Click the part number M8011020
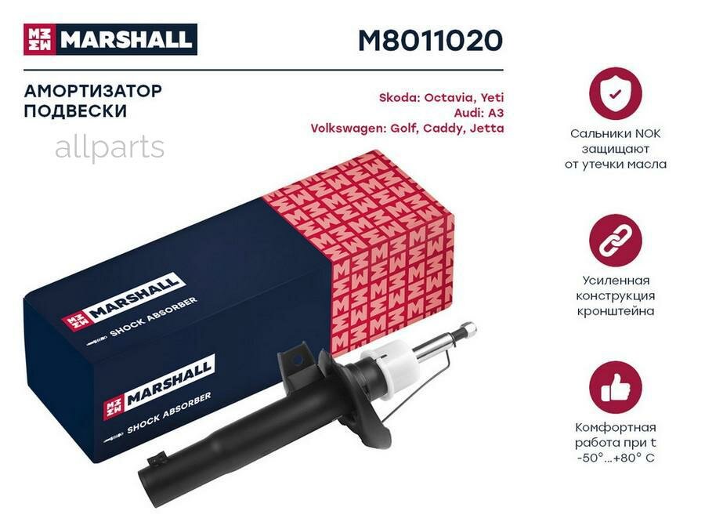pos(430,40)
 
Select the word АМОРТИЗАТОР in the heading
pos(93,91)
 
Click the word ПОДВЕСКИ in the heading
pos(75,111)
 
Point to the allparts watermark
pos(110,147)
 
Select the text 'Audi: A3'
pos(479,113)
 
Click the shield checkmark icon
pos(615,93)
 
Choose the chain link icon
pos(615,241)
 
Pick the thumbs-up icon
pos(615,388)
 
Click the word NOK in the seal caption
pos(647,134)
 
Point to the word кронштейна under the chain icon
pos(615,311)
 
